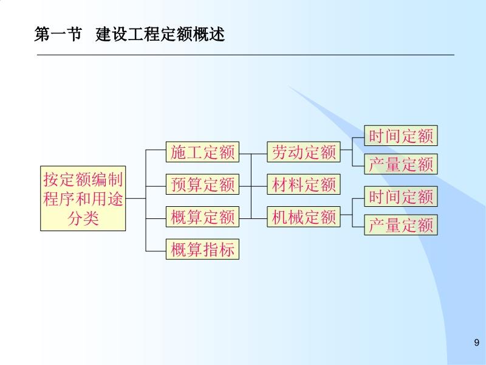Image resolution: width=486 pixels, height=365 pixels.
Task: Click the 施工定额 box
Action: pos(203,153)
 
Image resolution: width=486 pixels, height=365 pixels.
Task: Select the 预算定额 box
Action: pos(203,184)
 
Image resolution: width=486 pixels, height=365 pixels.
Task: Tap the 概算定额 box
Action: pos(203,217)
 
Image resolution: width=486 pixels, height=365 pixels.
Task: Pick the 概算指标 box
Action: pos(203,249)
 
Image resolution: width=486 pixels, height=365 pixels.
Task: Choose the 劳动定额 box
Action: pos(304,153)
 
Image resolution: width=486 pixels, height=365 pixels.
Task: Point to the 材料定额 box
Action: pos(304,184)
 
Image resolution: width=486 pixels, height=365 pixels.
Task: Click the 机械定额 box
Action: pos(304,217)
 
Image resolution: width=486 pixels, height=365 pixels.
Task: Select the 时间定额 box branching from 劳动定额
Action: pos(401,136)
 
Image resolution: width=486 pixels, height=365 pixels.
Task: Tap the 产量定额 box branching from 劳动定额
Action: pos(401,164)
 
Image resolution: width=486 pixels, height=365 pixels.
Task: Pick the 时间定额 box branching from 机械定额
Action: pos(401,196)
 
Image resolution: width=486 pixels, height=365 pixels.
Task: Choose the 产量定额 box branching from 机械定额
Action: pos(401,225)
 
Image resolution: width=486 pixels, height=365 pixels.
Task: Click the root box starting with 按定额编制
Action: pos(83,198)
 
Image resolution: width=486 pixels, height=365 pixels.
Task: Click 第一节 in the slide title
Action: pos(58,35)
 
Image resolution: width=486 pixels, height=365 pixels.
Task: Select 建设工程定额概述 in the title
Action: pos(160,35)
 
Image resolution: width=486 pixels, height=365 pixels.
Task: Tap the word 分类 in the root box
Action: pos(83,218)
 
